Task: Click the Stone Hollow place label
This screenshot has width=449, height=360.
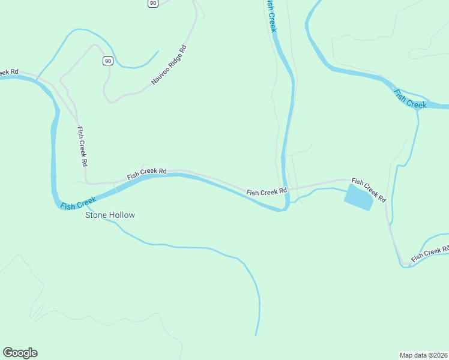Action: coord(110,215)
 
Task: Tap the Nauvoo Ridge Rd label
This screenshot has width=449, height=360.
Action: coord(169,65)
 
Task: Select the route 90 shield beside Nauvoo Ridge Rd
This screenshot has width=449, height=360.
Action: coord(107,61)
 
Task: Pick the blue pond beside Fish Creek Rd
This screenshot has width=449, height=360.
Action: coord(358,197)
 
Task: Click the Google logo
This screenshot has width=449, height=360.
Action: coord(20,353)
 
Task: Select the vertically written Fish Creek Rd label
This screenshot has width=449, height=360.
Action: coord(83,146)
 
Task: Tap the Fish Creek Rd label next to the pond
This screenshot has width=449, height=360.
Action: coord(369,189)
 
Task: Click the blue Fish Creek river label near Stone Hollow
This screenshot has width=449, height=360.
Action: coord(79,203)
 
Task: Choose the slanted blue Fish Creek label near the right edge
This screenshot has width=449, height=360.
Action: coord(410,98)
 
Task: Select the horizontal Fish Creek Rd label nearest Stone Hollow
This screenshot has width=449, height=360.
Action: coord(146,174)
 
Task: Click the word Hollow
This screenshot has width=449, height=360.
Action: coord(122,215)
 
